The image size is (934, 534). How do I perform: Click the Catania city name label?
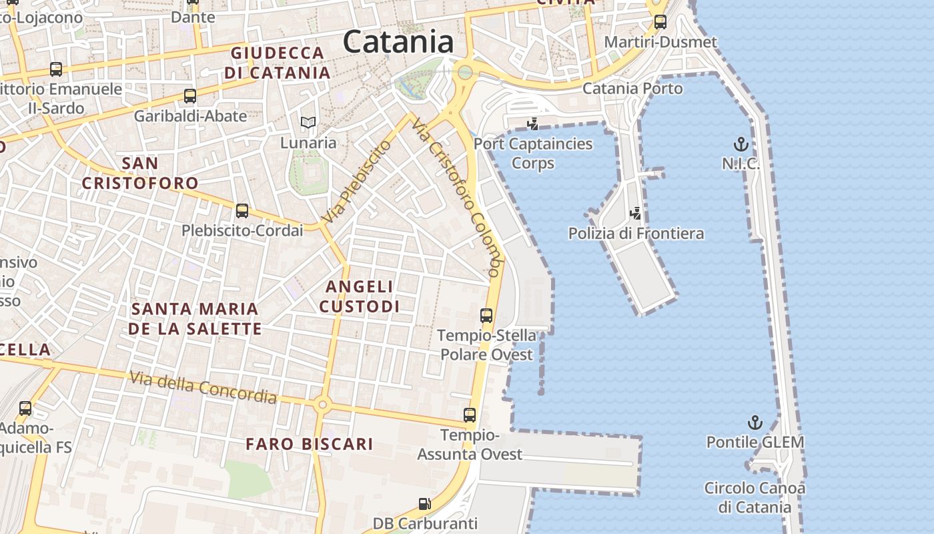tap(398, 42)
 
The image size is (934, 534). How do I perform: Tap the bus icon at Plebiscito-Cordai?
tap(242, 211)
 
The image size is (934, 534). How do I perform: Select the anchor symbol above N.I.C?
tap(741, 144)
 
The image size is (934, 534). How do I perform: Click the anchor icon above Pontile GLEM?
tap(755, 423)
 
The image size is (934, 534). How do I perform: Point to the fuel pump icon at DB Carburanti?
tap(425, 504)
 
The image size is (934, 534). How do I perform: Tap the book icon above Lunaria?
tap(308, 122)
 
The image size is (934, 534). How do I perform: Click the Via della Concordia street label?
tap(203, 387)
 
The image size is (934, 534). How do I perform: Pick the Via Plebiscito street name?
tap(356, 182)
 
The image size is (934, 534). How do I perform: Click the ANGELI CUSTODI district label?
tap(359, 296)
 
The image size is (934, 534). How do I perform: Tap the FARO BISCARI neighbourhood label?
tap(309, 444)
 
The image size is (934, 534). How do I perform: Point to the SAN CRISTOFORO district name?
tap(140, 173)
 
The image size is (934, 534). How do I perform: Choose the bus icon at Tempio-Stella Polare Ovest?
tap(486, 316)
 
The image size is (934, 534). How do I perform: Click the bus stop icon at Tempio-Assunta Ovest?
tap(470, 415)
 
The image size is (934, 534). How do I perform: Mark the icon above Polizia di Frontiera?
tap(636, 214)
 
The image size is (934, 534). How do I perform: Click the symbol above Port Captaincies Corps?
tap(532, 123)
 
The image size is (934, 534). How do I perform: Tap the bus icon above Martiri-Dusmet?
tap(660, 22)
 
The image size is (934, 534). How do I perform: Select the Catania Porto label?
tap(632, 89)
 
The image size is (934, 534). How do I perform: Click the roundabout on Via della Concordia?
tap(323, 404)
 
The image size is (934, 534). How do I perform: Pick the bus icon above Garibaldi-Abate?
tap(190, 96)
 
